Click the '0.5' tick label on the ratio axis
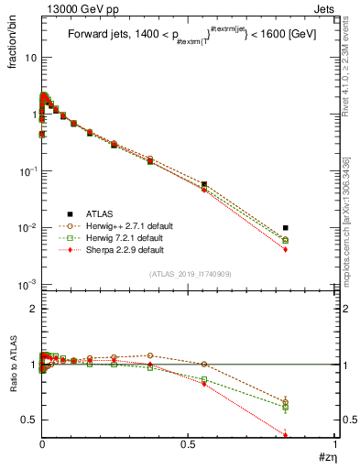[x=28, y=420]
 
